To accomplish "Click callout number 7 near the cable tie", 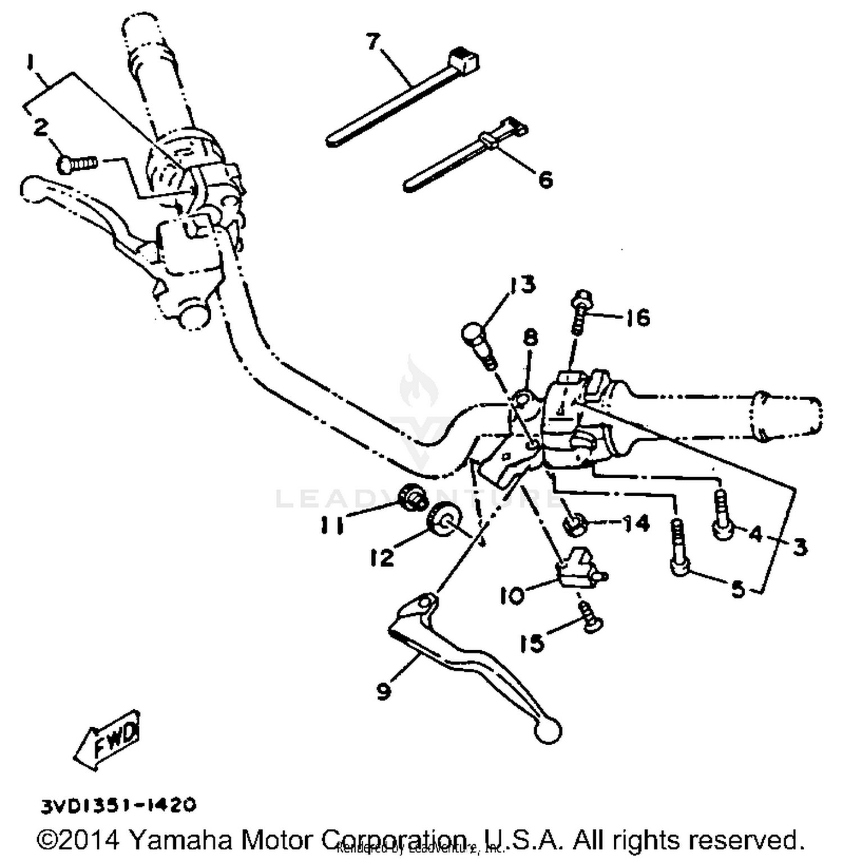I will [373, 42].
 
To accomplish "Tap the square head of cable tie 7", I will [464, 60].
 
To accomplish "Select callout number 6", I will [545, 180].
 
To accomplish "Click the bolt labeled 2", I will [78, 164].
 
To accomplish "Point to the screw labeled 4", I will [722, 515].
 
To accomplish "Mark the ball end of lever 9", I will [547, 730].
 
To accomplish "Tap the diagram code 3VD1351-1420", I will [119, 805].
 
